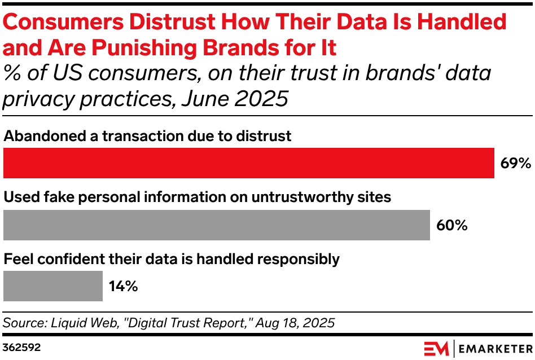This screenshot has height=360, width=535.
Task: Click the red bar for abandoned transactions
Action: pos(248,163)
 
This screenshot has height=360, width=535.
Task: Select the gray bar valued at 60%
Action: pos(216,225)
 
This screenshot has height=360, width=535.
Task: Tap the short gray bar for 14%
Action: pos(53,286)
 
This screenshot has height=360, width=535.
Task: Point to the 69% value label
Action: pos(515,164)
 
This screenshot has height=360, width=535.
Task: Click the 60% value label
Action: pos(451,226)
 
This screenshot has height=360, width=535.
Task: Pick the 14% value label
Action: pos(123,287)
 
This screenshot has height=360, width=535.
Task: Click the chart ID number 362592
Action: pos(21,346)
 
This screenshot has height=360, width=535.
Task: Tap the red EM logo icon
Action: pos(436,347)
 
